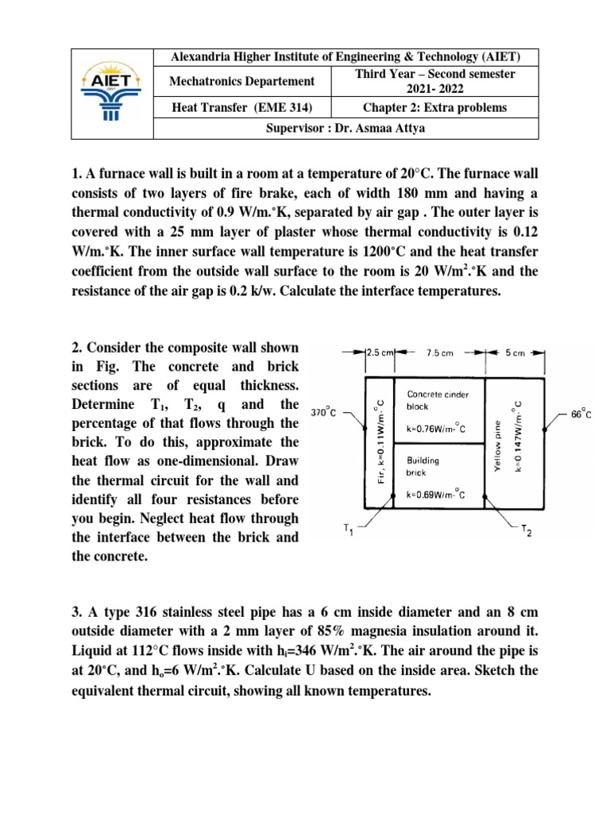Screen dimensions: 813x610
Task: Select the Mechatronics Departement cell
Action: (241, 82)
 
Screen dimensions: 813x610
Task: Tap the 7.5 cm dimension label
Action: (439, 353)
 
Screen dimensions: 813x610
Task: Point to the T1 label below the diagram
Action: (347, 531)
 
